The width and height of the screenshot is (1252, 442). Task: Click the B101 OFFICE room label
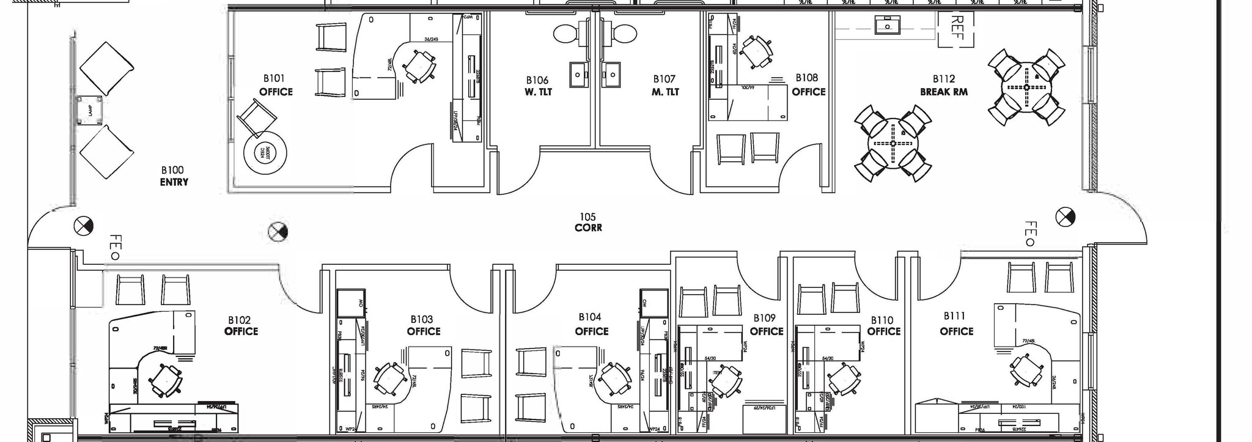point(275,86)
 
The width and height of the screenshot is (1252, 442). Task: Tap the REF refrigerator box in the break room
point(957,29)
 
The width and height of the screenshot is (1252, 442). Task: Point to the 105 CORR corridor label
point(588,223)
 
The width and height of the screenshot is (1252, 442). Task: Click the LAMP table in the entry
point(89,111)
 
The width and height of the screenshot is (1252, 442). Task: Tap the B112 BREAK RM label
point(943,86)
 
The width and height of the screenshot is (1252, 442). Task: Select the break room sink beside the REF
point(885,26)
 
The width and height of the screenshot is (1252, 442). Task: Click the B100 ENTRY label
point(174,176)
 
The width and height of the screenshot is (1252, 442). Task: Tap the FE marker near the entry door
point(114,247)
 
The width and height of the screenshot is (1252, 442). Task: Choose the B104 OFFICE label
point(591,325)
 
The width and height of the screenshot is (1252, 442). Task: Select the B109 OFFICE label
point(766,325)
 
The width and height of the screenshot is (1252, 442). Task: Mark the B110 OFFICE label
point(883,326)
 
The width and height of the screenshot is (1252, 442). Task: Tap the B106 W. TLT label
point(537,86)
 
